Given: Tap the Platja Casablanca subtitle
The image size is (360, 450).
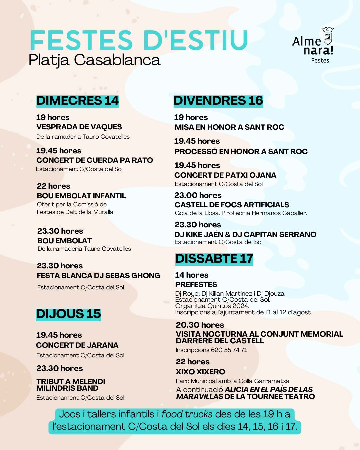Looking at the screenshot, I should pyautogui.click(x=94, y=60).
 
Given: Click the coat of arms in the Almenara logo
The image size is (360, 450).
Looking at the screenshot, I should pyautogui.click(x=328, y=36).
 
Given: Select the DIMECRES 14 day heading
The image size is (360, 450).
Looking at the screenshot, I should pyautogui.click(x=77, y=101).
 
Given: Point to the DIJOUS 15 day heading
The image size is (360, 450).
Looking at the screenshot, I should pyautogui.click(x=68, y=314).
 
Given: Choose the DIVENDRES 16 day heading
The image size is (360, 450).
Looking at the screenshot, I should pyautogui.click(x=218, y=101).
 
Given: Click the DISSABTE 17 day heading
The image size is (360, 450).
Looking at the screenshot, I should pyautogui.click(x=214, y=259).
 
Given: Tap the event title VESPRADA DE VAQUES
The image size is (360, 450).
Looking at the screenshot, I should pyautogui.click(x=79, y=127).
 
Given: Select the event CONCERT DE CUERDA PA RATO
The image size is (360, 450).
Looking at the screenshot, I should pyautogui.click(x=95, y=160).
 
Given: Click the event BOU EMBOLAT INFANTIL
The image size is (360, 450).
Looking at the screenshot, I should pyautogui.click(x=81, y=196).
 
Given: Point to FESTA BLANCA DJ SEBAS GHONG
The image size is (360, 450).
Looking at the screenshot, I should pyautogui.click(x=99, y=276).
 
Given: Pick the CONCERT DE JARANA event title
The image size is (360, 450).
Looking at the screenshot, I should pyautogui.click(x=77, y=345).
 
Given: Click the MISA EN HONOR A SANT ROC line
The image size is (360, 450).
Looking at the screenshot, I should pyautogui.click(x=229, y=127).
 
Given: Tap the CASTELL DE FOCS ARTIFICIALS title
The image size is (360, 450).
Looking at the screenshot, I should pyautogui.click(x=232, y=205).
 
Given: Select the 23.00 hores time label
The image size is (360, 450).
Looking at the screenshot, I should pyautogui.click(x=198, y=195).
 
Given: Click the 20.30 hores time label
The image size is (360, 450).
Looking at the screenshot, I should pyautogui.click(x=200, y=325).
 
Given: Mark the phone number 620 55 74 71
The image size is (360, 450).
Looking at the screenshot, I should pyautogui.click(x=229, y=350).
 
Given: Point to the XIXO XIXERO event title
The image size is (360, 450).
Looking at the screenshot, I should pyautogui.click(x=200, y=372).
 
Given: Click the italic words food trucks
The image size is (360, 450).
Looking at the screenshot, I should pyautogui.click(x=187, y=414).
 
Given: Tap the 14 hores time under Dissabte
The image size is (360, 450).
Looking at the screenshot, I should pyautogui.click(x=192, y=275).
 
